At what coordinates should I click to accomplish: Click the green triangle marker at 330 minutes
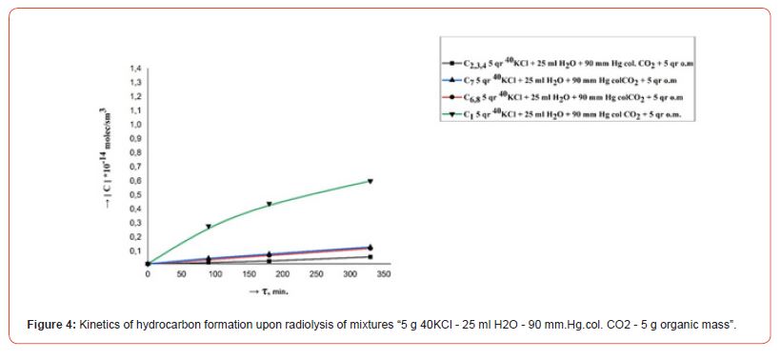pyautogui.click(x=370, y=181)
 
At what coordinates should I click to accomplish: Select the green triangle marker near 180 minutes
pyautogui.click(x=270, y=204)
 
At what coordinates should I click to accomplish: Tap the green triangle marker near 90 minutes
pyautogui.click(x=209, y=227)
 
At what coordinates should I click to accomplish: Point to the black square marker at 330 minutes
pyautogui.click(x=370, y=257)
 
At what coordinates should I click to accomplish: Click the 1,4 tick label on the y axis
pyautogui.click(x=135, y=70)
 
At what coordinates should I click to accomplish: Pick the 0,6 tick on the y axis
pyautogui.click(x=135, y=181)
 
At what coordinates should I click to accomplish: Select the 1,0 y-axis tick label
pyautogui.click(x=135, y=125)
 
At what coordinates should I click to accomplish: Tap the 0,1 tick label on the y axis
pyautogui.click(x=135, y=250)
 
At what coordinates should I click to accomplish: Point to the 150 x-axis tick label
pyautogui.click(x=249, y=274)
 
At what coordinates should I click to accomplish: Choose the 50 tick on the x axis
pyautogui.click(x=181, y=274)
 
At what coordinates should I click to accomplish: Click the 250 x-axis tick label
pyautogui.click(x=316, y=274)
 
